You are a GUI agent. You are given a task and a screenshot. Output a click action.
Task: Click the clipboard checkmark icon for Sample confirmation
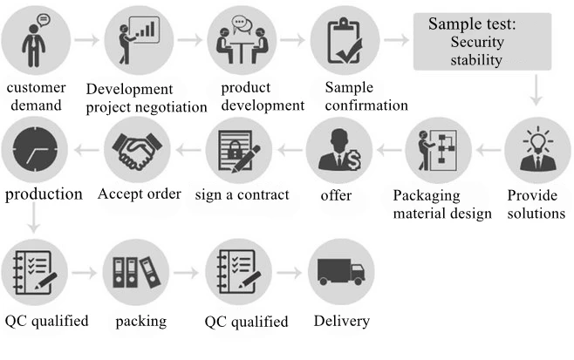click(342, 40)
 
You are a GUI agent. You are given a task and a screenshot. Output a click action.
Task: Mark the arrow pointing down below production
click(33, 222)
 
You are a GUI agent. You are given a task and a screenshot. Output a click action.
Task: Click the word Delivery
click(340, 322)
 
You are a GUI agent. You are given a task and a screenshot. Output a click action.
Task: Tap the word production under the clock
click(44, 194)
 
